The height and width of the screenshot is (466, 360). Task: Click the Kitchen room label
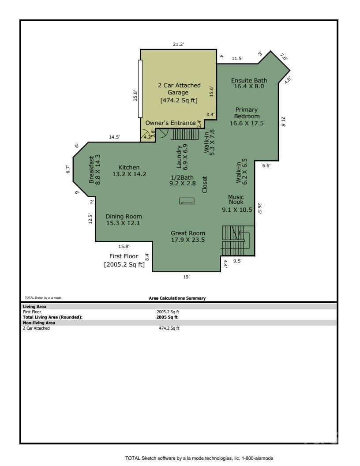129,167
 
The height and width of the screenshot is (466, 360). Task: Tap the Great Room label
188,233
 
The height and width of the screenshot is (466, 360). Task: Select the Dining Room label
124,216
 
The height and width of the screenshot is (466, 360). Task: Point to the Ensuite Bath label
249,80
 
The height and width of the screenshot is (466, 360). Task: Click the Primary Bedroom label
246,116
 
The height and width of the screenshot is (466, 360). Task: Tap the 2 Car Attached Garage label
179,85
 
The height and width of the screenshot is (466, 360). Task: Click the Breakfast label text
92,170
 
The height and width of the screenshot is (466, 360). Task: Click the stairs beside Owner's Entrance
184,134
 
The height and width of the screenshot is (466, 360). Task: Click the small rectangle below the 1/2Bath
187,201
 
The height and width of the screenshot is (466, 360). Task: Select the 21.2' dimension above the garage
178,44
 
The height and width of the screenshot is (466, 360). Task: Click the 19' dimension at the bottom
186,277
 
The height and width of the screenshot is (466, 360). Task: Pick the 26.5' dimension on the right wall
260,208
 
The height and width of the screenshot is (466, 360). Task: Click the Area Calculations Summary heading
177,298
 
